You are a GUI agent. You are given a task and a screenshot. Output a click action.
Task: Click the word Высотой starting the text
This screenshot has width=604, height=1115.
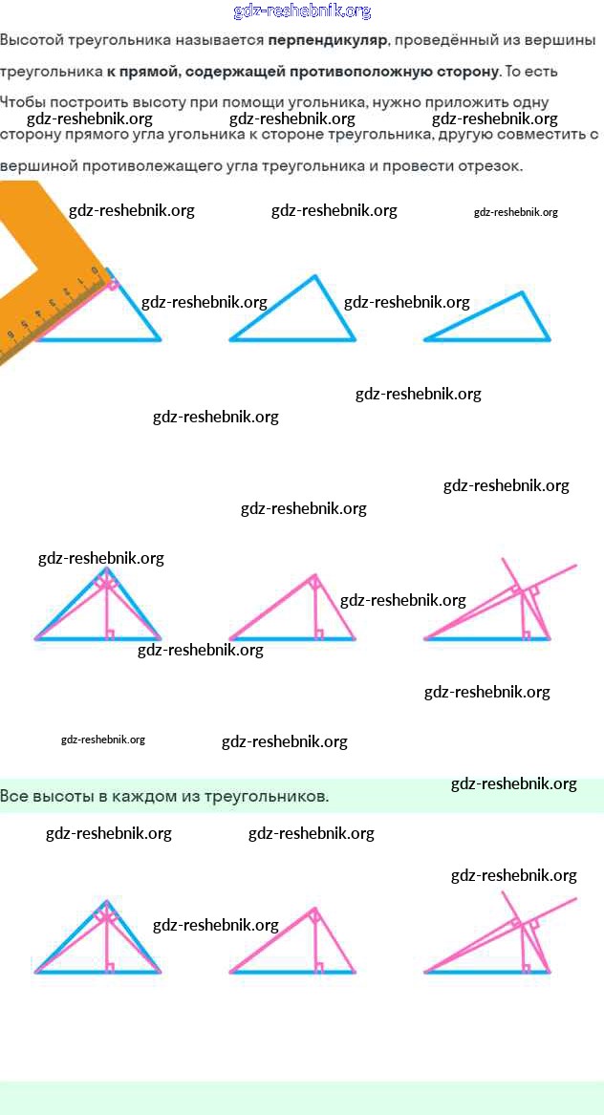pos(32,41)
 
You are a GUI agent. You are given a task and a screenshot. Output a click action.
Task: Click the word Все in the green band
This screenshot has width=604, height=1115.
pos(13,796)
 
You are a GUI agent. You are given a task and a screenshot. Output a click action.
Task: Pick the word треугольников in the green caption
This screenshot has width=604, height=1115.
pos(267,796)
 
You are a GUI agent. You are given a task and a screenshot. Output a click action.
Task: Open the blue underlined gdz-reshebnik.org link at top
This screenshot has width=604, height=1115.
pos(302,11)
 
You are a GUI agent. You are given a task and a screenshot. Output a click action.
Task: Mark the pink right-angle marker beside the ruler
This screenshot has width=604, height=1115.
pos(113,284)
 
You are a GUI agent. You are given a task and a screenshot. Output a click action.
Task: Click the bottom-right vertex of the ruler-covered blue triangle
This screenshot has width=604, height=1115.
pos(160,339)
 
